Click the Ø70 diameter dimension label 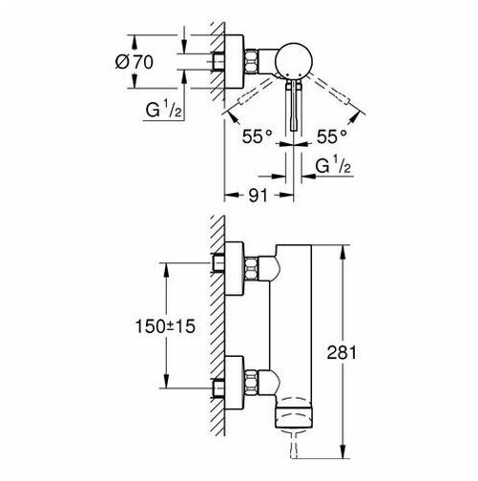(x=134, y=62)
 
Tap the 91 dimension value (x=258, y=196)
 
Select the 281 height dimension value (x=342, y=352)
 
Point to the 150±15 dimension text (x=165, y=326)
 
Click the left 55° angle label (x=258, y=136)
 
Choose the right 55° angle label (x=332, y=136)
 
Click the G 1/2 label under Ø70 (x=163, y=109)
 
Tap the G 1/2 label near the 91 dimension (x=333, y=165)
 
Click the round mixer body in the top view (x=294, y=60)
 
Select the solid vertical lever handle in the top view (x=294, y=105)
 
